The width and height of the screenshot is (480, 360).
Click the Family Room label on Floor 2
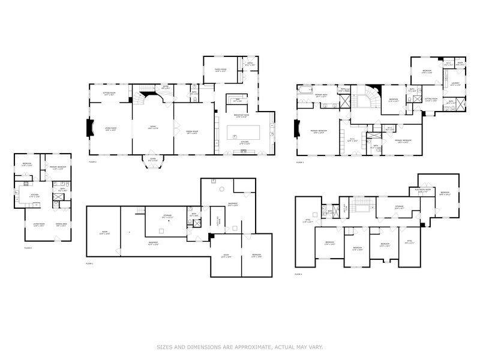point(221,70)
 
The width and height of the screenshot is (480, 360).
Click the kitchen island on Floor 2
point(244,131)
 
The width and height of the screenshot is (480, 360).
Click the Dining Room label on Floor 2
point(192,132)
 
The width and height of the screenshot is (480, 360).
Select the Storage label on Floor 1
point(167,214)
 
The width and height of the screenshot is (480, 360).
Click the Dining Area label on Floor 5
point(61,226)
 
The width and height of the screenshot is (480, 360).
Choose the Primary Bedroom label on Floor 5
point(58,169)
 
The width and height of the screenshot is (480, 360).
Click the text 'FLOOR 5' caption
point(28,248)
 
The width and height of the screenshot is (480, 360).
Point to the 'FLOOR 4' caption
point(299,274)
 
